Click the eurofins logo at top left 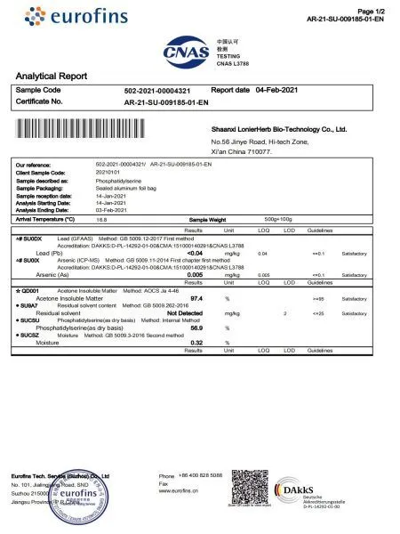(x=69, y=16)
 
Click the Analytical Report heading (x=52, y=77)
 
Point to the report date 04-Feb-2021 (x=268, y=91)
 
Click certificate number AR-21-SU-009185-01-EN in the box (x=166, y=103)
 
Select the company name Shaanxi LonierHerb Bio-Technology (x=278, y=129)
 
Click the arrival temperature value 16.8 (x=101, y=218)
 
